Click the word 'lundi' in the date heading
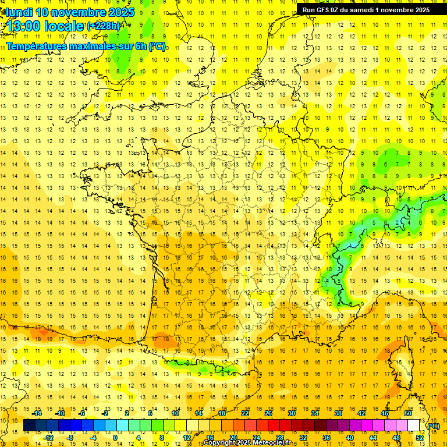click(19, 12)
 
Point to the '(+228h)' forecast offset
click(104, 26)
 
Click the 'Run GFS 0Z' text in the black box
click(323, 9)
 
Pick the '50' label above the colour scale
click(408, 413)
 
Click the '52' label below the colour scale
click(420, 437)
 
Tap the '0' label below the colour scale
click(115, 437)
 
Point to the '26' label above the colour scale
click(268, 413)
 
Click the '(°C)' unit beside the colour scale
click(433, 425)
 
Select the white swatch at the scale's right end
click(414, 425)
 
